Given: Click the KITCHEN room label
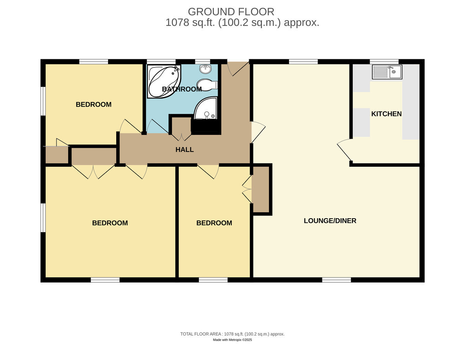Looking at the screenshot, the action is pos(386,114).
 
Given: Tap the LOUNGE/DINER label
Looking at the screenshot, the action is pos(330,220).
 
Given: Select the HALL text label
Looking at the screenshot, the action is pos(185,150).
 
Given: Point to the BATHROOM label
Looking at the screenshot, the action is pos(182,89).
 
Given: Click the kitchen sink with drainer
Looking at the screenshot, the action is pos(387,72).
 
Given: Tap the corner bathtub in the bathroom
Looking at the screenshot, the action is pos(164,81).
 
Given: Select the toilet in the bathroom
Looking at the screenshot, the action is pos(207,85).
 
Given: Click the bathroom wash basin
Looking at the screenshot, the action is pos(206,69).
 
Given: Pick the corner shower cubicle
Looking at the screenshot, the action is pos(206,108).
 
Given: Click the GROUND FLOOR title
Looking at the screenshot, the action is pos(231,12).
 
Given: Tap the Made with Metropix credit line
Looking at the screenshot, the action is pos(232,340).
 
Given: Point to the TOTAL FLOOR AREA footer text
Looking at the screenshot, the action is pos(232,334).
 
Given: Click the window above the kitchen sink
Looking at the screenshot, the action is pos(384,62).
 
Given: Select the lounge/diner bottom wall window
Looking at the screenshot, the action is pos(337,280).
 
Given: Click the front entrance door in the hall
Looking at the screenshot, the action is pos(238,69).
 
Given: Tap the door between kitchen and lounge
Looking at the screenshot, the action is pos(344,150).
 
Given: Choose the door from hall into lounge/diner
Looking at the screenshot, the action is pos(258,132).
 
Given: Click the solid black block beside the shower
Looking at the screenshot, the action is pos(206,127).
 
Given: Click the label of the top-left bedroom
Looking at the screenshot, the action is pos(93,104).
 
